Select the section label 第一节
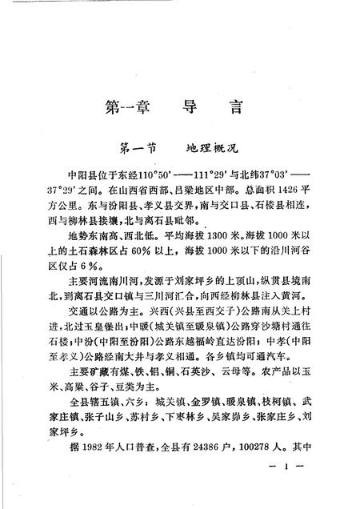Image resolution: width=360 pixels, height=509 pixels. point(138,148)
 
